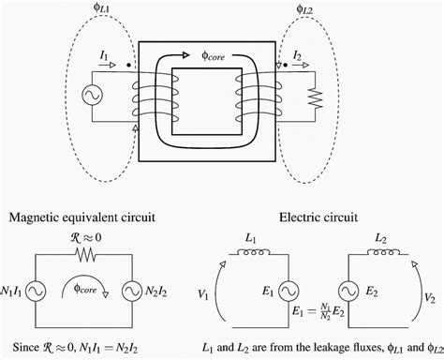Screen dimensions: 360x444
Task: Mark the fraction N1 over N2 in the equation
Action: tap(325, 308)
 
